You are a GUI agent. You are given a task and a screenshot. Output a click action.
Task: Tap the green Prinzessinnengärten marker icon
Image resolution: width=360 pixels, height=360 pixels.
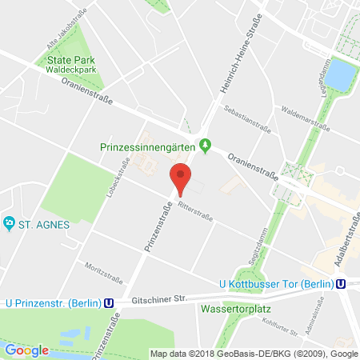click(205, 146)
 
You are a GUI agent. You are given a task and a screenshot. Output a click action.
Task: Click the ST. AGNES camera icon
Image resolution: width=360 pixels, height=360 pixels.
click(10, 222)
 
